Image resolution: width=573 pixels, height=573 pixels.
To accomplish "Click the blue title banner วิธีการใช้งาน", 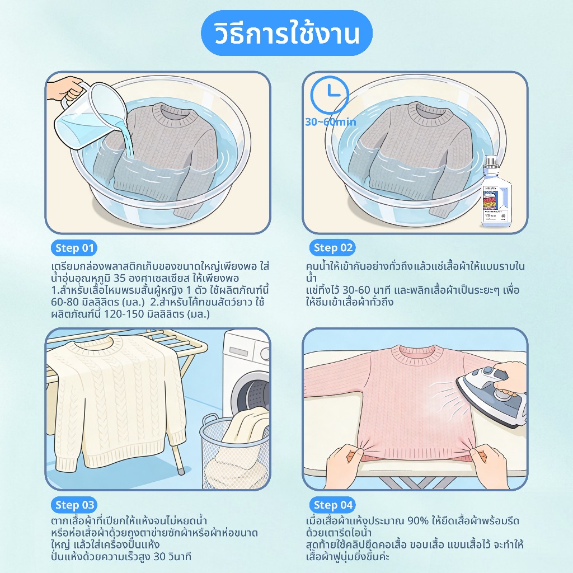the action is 286,33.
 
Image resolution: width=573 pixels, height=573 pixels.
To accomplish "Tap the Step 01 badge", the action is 74,248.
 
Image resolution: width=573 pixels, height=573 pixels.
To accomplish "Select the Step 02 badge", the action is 332,248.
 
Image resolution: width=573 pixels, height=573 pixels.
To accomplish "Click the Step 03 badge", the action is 74,505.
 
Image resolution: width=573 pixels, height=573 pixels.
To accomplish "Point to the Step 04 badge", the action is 332,505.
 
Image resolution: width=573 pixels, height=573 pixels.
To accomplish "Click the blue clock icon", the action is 330,95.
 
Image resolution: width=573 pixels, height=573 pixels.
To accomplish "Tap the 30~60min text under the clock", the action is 330,122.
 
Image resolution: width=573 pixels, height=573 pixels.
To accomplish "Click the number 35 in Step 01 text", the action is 120,278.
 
